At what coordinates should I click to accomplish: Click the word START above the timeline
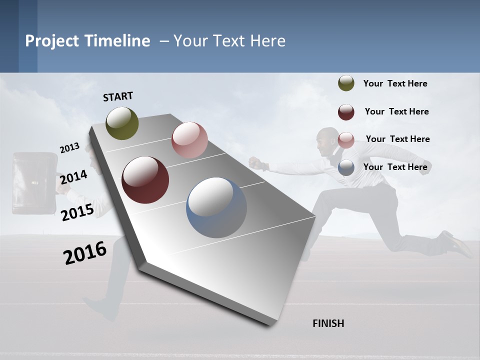click(118, 96)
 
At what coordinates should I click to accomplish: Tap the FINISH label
click(328, 323)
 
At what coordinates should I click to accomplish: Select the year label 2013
click(69, 147)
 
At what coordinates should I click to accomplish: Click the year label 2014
click(73, 177)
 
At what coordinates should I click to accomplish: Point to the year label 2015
click(77, 212)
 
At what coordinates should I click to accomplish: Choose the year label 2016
click(85, 253)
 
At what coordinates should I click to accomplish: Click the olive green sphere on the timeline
click(122, 123)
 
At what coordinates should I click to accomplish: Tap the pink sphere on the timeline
click(189, 140)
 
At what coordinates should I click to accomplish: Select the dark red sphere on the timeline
click(145, 180)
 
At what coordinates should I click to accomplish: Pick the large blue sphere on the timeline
click(216, 207)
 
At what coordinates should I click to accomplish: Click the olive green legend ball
click(346, 83)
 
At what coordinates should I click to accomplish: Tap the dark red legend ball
click(346, 112)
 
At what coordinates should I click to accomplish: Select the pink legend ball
click(346, 140)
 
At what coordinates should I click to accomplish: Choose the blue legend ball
click(346, 167)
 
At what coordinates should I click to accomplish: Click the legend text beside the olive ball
click(395, 83)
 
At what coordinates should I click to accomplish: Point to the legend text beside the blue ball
click(395, 167)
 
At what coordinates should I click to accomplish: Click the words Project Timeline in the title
click(87, 41)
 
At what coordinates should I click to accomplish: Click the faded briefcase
click(34, 183)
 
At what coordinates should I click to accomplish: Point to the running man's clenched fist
click(255, 162)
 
